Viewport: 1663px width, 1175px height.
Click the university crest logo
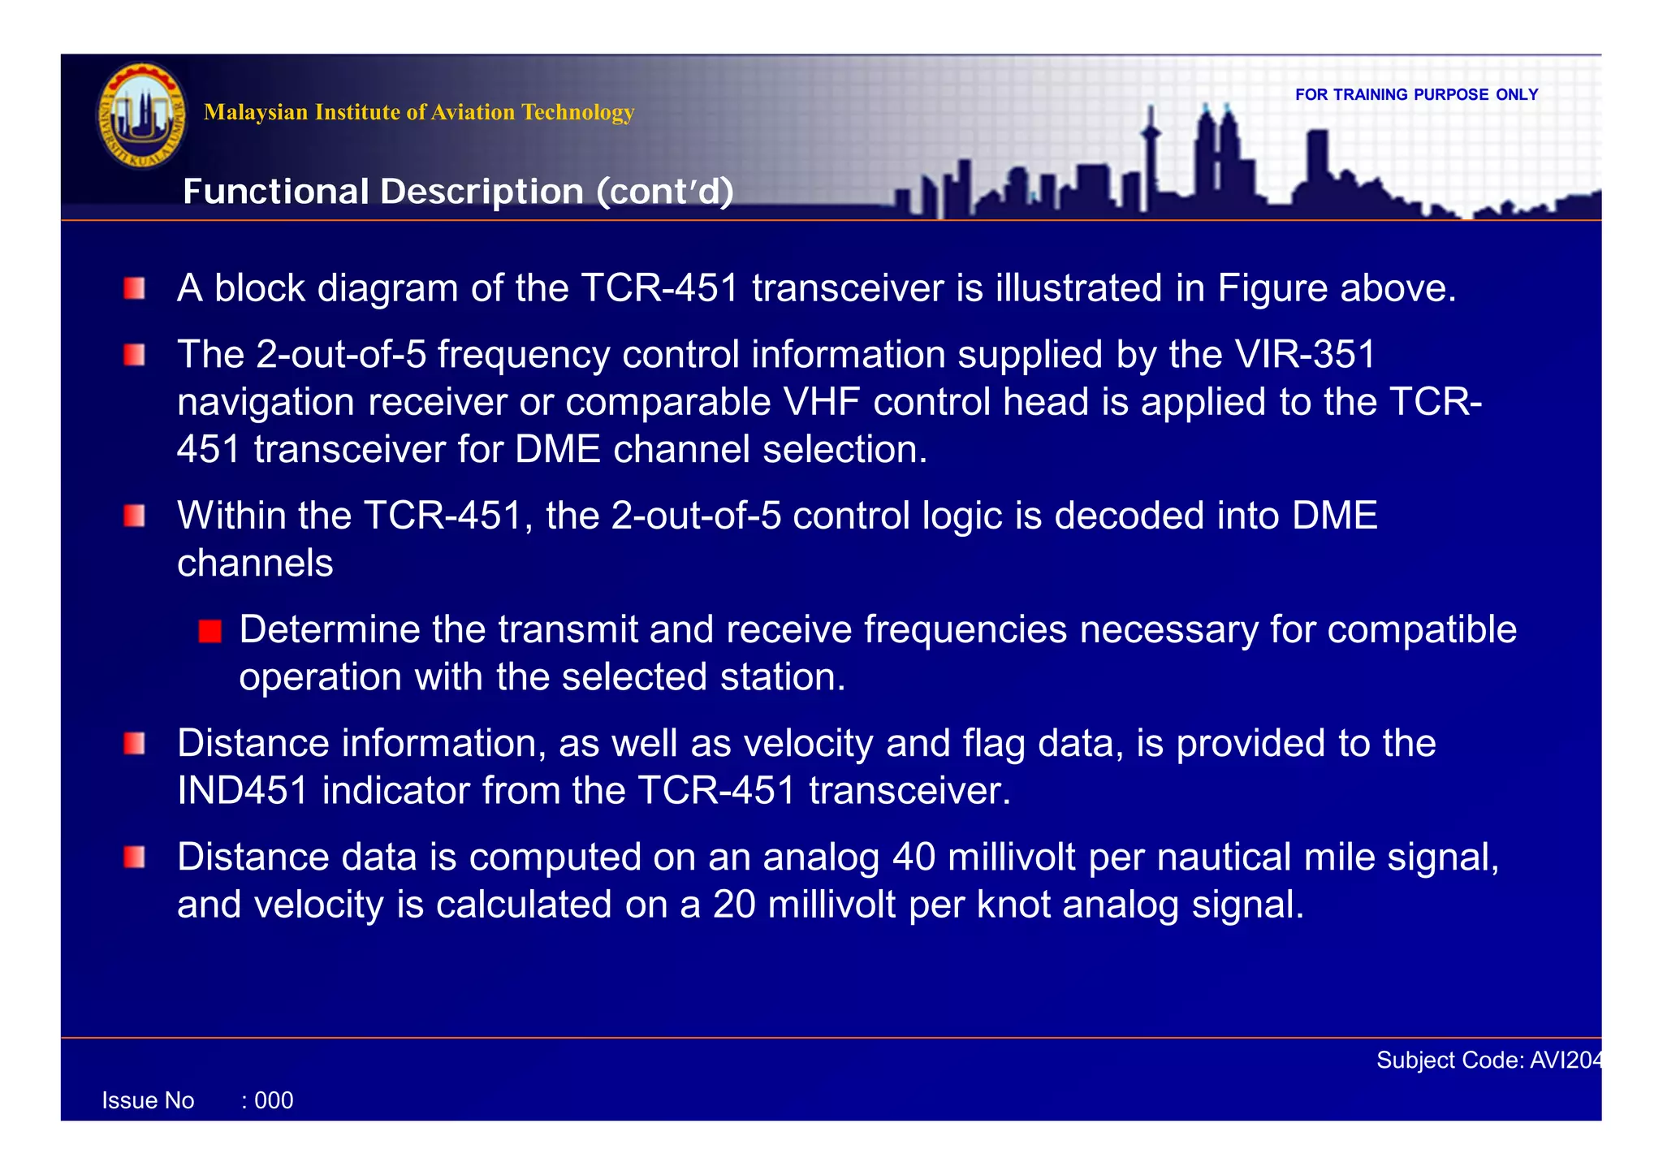142,115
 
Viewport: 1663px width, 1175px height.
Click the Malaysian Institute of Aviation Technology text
418,112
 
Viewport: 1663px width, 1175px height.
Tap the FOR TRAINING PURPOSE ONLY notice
1416,95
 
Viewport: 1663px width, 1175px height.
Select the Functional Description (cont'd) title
458,192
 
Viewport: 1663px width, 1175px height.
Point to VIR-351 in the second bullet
1304,355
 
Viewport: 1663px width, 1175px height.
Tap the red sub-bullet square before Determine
210,631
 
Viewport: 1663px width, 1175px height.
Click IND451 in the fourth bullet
242,791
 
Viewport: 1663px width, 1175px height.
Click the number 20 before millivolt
733,905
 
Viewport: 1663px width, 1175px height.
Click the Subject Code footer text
1488,1061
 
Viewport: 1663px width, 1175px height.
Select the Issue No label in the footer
148,1101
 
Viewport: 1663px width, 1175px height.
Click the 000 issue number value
274,1101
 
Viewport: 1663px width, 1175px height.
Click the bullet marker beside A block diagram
135,289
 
